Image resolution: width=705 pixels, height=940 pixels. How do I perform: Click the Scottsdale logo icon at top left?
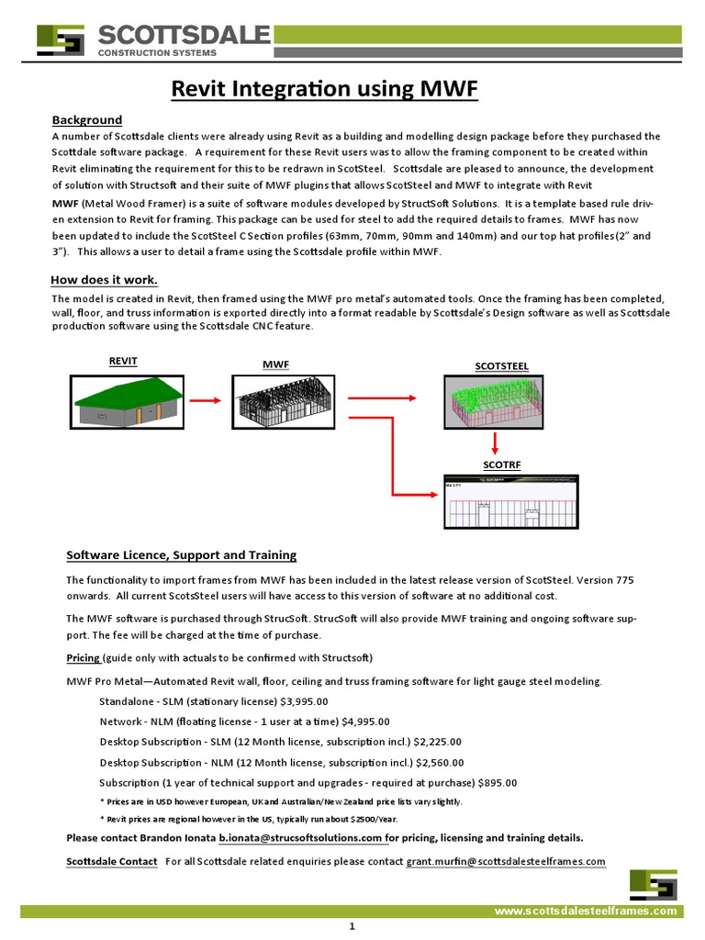point(61,40)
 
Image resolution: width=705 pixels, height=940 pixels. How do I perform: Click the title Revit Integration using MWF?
point(326,89)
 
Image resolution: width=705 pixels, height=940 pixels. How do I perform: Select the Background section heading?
point(87,120)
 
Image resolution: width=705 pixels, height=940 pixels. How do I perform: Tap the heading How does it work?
point(103,280)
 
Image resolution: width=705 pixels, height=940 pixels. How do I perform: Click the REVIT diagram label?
point(123,362)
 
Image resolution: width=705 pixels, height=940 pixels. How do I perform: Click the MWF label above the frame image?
point(275,364)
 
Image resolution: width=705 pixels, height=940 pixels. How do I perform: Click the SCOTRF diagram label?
point(501,465)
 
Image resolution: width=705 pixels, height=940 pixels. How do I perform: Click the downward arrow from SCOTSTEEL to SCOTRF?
point(496,444)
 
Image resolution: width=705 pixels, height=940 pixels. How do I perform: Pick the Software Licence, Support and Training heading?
point(181,555)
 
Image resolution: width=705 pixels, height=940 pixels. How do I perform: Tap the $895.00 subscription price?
point(498,783)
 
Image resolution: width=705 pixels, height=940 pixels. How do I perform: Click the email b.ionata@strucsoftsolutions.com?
point(300,838)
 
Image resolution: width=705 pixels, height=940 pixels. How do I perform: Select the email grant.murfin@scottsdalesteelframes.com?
point(506,861)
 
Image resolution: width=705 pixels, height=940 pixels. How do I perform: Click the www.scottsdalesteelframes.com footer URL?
point(587,911)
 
